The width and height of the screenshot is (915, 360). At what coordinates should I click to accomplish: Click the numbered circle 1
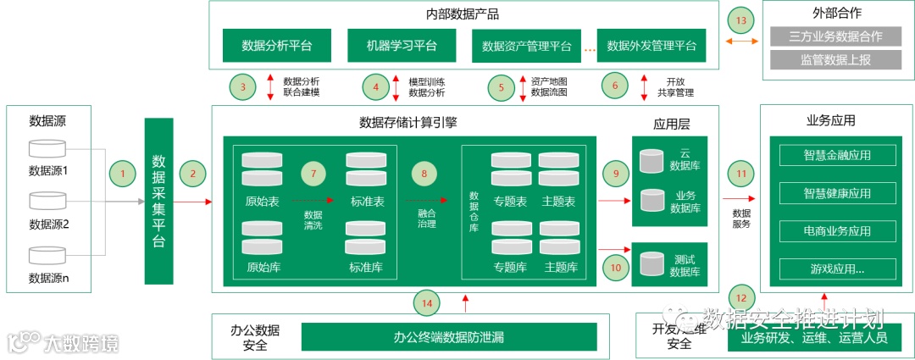[x=123, y=174]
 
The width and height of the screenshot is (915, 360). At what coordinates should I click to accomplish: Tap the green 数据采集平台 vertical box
[x=158, y=201]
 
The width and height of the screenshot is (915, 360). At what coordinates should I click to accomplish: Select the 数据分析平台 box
[x=277, y=45]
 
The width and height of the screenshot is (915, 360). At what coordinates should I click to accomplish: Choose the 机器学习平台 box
[x=402, y=45]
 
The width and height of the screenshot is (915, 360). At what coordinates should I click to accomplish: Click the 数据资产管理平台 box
[x=526, y=46]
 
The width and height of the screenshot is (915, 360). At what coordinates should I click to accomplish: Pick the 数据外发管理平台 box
[x=652, y=45]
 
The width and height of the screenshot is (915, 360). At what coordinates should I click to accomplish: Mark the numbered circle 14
[x=426, y=301]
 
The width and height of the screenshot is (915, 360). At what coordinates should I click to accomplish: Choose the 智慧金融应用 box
[x=837, y=155]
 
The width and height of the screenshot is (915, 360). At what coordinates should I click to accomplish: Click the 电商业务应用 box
[x=837, y=231]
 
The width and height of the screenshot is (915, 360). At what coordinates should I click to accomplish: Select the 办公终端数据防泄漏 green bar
[x=448, y=336]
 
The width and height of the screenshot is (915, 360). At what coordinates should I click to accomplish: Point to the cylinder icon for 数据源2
[x=47, y=202]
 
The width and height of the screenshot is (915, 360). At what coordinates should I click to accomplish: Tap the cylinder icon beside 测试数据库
[x=652, y=264]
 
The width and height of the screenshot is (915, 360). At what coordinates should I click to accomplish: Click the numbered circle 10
[x=615, y=266]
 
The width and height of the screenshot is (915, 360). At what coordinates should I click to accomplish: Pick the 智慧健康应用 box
[x=837, y=193]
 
